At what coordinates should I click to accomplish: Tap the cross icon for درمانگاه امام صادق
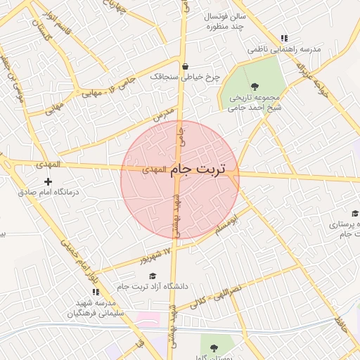[x=48, y=182]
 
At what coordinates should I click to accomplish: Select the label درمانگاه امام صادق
[x=49, y=192]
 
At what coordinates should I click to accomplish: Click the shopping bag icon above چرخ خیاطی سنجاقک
[x=185, y=67]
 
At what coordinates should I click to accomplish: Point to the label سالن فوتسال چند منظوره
[x=224, y=20]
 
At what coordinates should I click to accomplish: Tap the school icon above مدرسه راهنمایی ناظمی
[x=284, y=39]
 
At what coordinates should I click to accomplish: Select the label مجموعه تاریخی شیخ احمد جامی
[x=254, y=103]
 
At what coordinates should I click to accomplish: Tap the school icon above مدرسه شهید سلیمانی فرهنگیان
[x=95, y=292]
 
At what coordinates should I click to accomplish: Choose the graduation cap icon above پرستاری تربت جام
[x=354, y=214]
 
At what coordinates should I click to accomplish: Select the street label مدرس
[x=162, y=113]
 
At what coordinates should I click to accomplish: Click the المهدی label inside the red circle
[x=155, y=169]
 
